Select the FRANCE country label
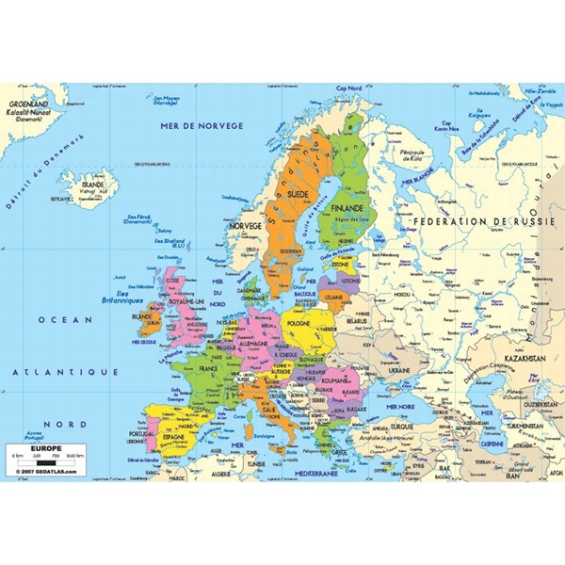pos(221,369)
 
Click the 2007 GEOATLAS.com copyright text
pos(40,470)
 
